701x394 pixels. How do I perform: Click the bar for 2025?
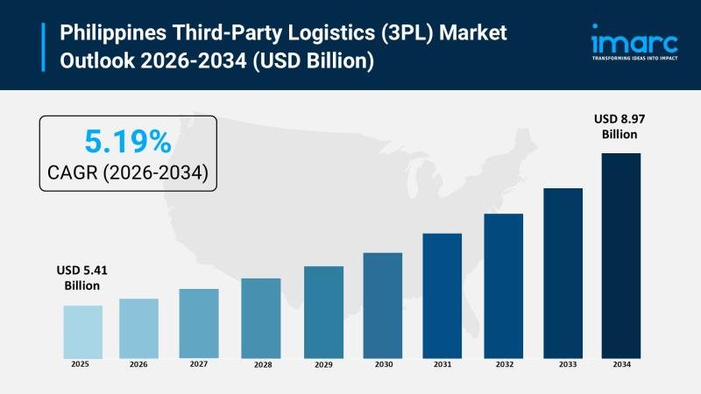click(x=82, y=331)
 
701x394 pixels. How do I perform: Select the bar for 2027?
click(x=199, y=323)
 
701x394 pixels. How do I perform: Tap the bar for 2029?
click(x=324, y=312)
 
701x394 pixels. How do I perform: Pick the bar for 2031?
click(x=442, y=295)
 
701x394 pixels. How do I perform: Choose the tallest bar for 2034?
click(x=620, y=255)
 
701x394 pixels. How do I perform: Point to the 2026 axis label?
click(x=138, y=364)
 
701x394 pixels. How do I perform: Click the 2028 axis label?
click(x=261, y=364)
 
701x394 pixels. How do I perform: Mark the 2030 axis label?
click(x=383, y=364)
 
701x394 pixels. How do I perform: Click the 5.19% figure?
click(x=127, y=141)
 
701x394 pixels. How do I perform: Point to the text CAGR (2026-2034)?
click(x=128, y=172)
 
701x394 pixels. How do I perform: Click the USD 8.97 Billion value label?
click(x=619, y=126)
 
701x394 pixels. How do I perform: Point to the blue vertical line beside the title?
click(x=43, y=47)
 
